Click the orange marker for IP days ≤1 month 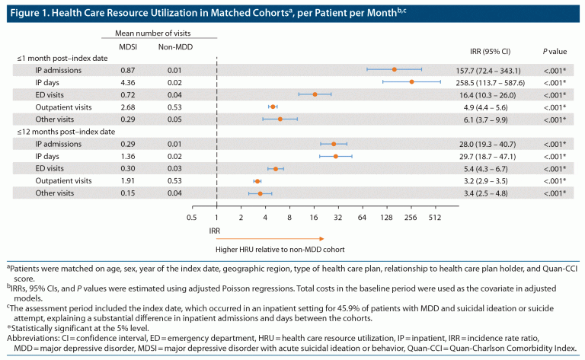pyautogui.click(x=411, y=81)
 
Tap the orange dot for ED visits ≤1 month pyautogui.click(x=315, y=94)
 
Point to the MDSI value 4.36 pyautogui.click(x=129, y=81)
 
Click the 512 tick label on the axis pyautogui.click(x=435, y=217)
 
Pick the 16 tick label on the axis pyautogui.click(x=314, y=217)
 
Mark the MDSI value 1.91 pyautogui.click(x=129, y=181)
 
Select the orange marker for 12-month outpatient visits pyautogui.click(x=257, y=181)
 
